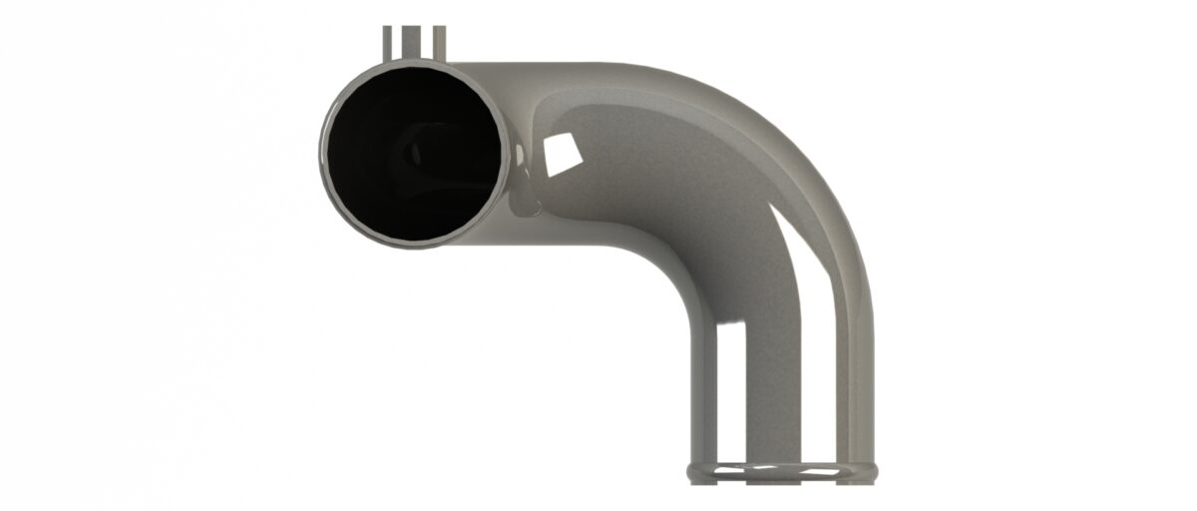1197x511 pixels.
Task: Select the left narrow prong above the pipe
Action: (x=388, y=43)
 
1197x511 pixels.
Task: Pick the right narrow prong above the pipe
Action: (x=438, y=43)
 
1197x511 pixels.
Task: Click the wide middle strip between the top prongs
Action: (x=413, y=43)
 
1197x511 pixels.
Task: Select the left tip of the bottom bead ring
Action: (x=689, y=468)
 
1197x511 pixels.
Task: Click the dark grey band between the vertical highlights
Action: (x=773, y=389)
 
